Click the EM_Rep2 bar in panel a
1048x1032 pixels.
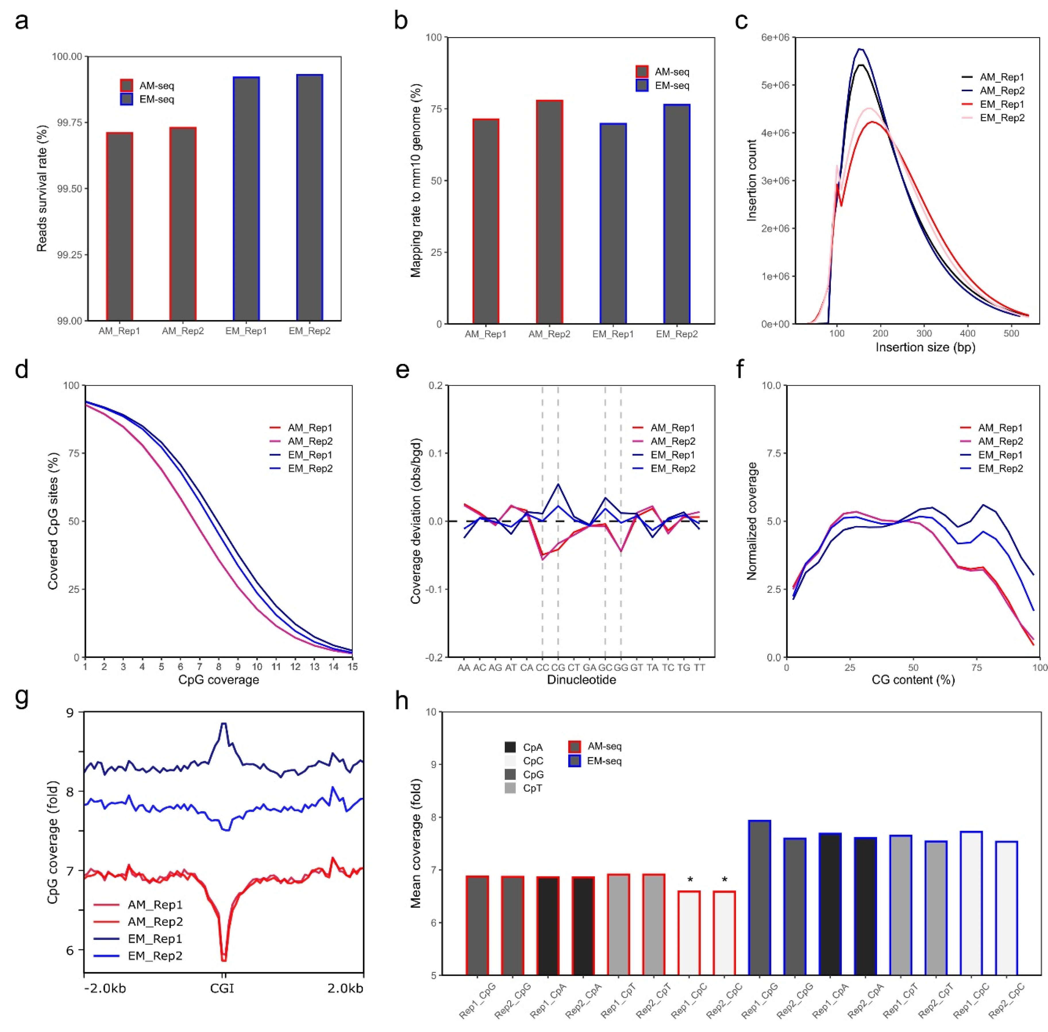(x=309, y=198)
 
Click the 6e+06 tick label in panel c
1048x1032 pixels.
(x=775, y=37)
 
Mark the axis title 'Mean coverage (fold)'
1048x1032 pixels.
(x=416, y=843)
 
